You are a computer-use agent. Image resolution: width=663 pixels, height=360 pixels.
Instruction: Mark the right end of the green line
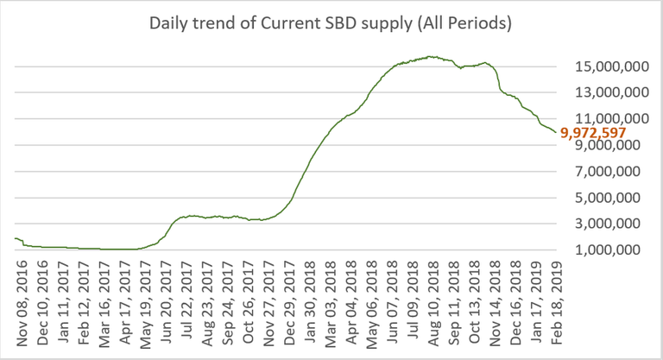pos(555,132)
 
